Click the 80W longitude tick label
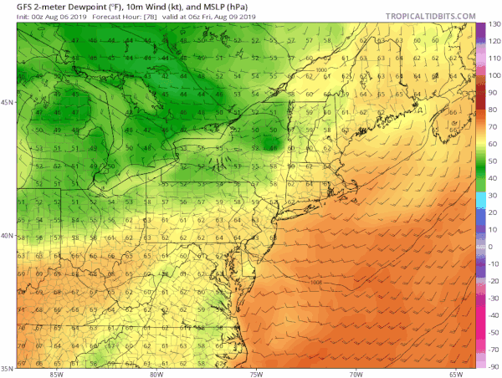(156, 373)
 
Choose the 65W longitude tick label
(456, 373)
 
